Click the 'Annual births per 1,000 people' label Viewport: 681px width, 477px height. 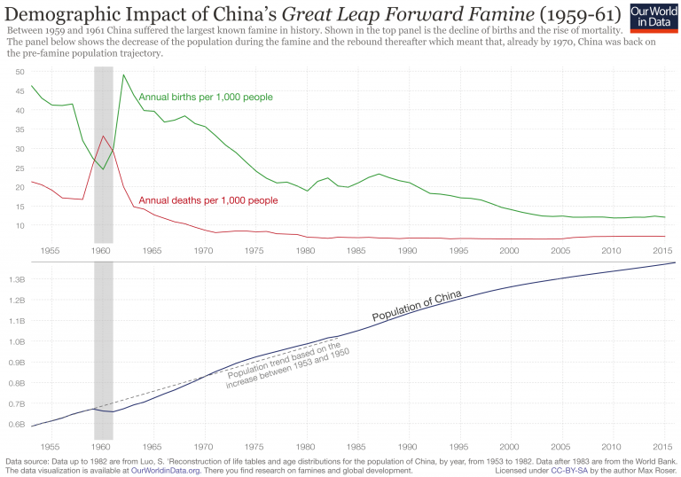tap(205, 97)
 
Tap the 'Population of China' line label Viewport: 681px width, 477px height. tap(416, 306)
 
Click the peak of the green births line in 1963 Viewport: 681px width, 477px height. tap(123, 74)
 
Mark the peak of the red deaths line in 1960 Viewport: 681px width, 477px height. tap(104, 136)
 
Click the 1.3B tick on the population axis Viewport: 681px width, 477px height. tap(16, 279)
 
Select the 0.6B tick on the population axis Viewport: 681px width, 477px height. tap(16, 424)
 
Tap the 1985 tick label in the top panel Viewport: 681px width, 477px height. tap(356, 252)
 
